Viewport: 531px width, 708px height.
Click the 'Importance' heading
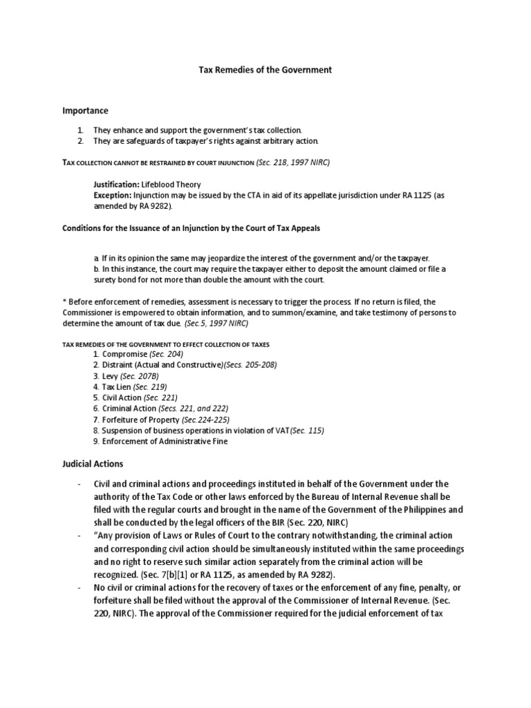pos(86,111)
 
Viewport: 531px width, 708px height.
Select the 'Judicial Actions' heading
pos(93,463)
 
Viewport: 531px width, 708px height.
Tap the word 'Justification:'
pos(116,185)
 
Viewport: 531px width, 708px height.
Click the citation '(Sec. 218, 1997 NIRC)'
pos(293,162)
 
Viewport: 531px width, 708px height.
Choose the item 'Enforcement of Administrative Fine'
pos(165,441)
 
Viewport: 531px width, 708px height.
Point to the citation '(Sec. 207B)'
pos(143,376)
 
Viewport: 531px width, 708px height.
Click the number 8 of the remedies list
pos(96,431)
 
